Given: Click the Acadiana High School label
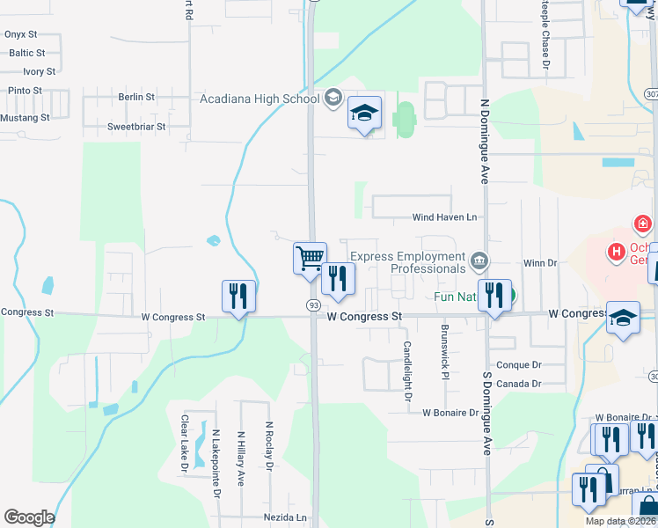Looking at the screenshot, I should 260,99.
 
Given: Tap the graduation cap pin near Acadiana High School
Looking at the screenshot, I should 364,114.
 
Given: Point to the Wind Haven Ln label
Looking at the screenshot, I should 444,217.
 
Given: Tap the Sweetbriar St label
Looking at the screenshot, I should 136,127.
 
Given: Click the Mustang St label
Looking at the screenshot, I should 25,118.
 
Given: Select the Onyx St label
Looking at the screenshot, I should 20,34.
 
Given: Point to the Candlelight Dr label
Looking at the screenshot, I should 407,371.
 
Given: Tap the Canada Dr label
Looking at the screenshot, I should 519,384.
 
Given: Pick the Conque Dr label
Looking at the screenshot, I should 519,365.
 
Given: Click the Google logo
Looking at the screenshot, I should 29,517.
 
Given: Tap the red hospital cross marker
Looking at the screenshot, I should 642,224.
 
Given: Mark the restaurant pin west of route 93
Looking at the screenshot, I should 238,297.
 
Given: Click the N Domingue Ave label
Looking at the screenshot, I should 485,142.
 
